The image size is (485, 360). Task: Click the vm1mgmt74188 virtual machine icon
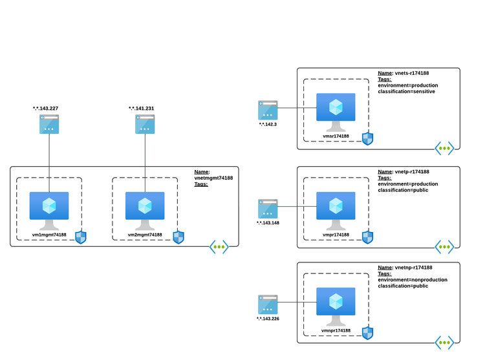pyautogui.click(x=49, y=209)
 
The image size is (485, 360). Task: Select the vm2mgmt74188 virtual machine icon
pyautogui.click(x=145, y=209)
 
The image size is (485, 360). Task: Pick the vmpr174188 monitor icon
pyautogui.click(x=336, y=209)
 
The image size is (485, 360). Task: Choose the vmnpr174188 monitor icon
pyautogui.click(x=336, y=304)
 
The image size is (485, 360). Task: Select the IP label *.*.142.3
pyautogui.click(x=268, y=124)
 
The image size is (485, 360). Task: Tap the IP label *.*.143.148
pyautogui.click(x=268, y=223)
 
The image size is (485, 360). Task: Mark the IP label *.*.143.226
pyautogui.click(x=268, y=319)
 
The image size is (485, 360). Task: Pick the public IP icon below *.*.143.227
pyautogui.click(x=49, y=124)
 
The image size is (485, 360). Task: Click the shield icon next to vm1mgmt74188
pyautogui.click(x=81, y=237)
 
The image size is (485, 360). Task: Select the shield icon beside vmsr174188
pyautogui.click(x=367, y=138)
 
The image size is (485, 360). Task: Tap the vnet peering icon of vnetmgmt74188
pyautogui.click(x=219, y=247)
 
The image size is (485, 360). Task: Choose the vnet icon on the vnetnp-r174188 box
pyautogui.click(x=444, y=343)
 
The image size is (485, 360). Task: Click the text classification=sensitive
pyautogui.click(x=406, y=92)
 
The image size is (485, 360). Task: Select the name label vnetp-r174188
pyautogui.click(x=411, y=172)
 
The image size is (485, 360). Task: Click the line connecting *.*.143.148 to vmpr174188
pyautogui.click(x=297, y=207)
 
